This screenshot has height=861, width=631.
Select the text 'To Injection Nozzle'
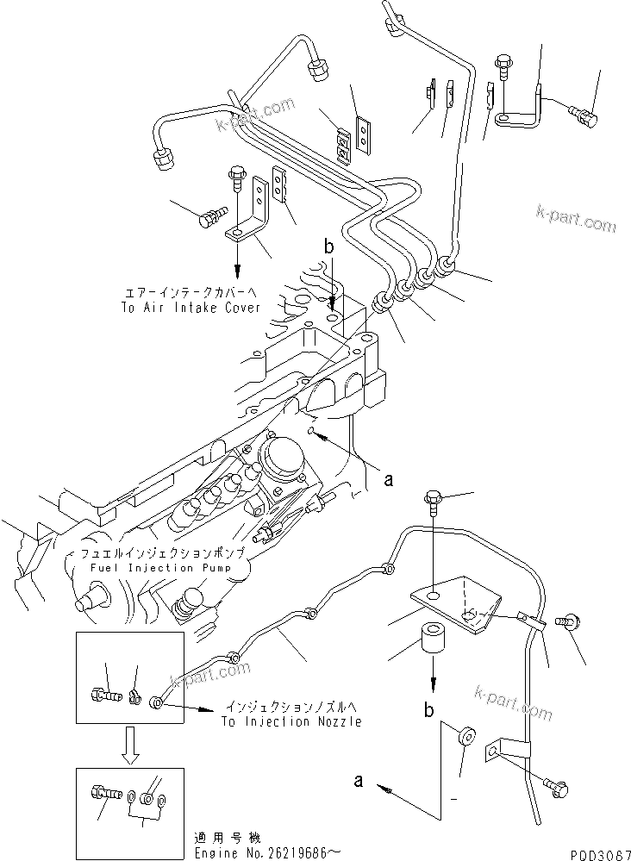coord(291,721)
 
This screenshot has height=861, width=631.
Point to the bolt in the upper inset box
coord(101,691)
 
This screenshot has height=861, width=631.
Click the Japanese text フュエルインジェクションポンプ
coord(163,552)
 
